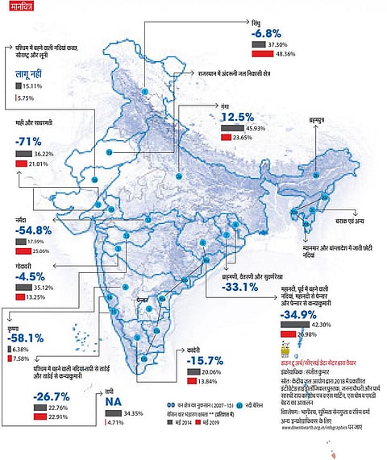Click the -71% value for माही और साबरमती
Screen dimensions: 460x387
coord(33,141)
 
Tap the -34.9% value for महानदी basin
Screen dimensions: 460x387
coord(302,313)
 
